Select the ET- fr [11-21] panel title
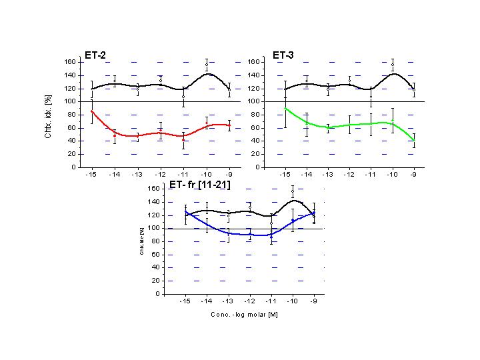click(x=200, y=184)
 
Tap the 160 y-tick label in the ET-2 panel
click(x=69, y=62)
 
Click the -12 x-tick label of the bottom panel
click(x=250, y=302)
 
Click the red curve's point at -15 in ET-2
click(x=92, y=111)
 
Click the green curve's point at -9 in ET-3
click(x=414, y=140)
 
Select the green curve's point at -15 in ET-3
click(x=285, y=108)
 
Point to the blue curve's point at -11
click(x=271, y=237)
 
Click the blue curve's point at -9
click(x=314, y=213)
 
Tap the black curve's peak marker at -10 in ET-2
click(x=207, y=65)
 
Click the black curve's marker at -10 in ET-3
click(x=393, y=65)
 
